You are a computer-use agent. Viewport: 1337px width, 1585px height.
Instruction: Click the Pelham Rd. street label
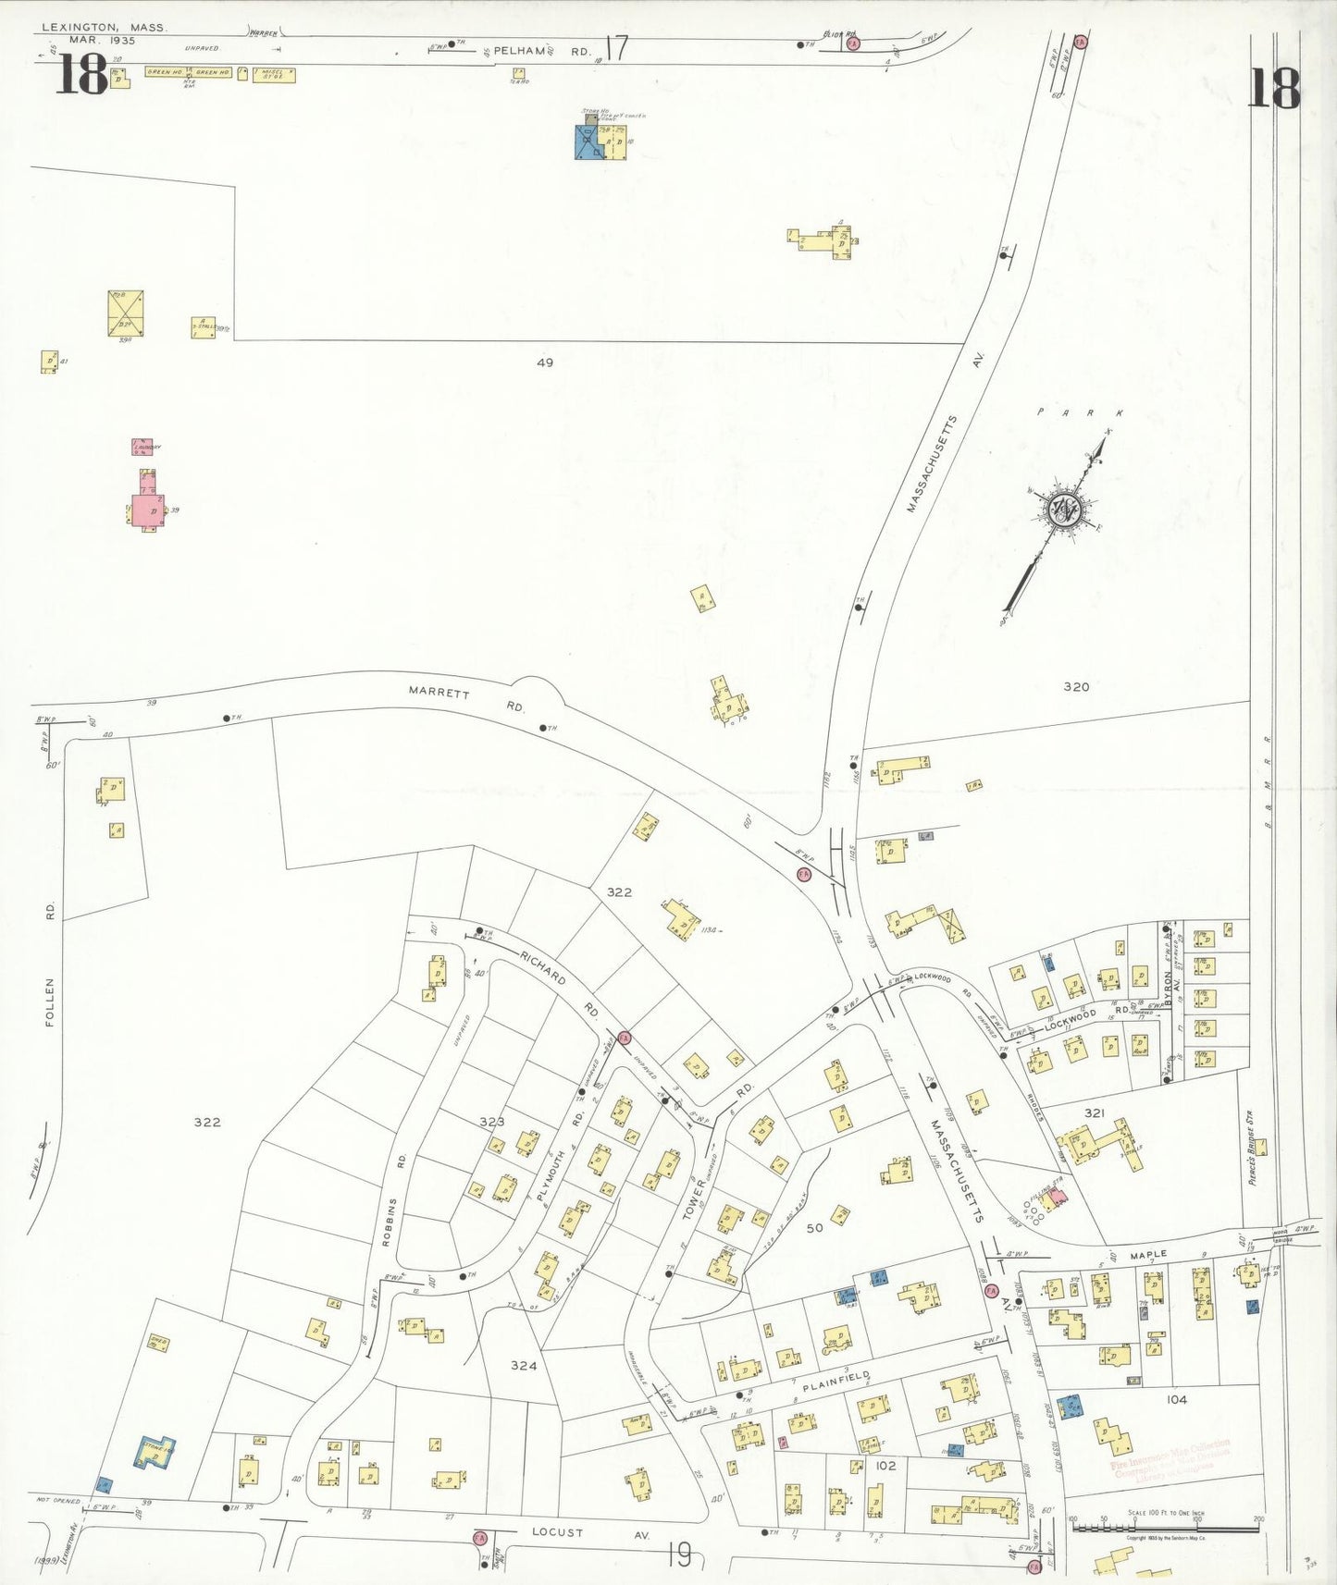pos(541,51)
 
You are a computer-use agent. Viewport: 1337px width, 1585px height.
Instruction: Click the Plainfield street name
pos(836,1382)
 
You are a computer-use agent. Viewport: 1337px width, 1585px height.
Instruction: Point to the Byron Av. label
pos(1168,989)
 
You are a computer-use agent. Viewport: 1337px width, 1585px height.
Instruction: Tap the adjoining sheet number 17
pos(616,47)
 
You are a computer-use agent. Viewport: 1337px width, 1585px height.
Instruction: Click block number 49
pos(544,362)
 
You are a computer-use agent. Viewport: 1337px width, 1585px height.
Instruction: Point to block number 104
pos(1175,1399)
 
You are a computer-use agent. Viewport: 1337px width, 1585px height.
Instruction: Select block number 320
pos(1076,686)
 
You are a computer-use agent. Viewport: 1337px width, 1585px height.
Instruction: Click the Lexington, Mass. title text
pos(104,28)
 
